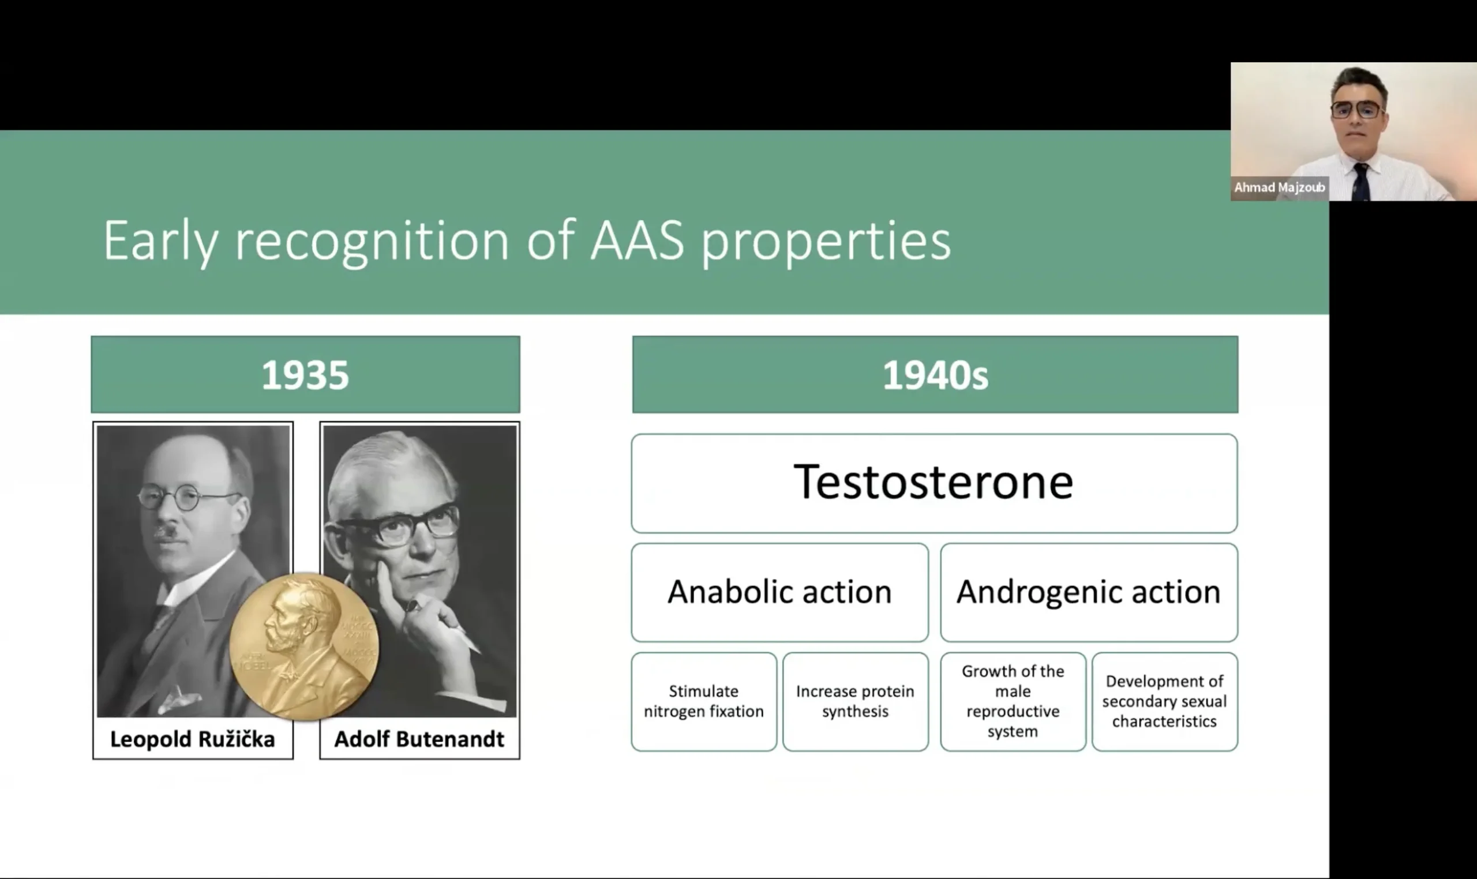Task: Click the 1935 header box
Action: pos(305,374)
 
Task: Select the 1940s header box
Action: pos(935,374)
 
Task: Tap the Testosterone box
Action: pos(934,483)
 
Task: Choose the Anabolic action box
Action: pos(779,592)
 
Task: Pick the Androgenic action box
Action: pos(1089,592)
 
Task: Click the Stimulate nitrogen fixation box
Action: pos(704,702)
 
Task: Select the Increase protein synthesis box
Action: pos(856,702)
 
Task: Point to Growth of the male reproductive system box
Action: pos(1013,702)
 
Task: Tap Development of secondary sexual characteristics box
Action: pos(1165,702)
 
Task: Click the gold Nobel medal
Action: pos(304,647)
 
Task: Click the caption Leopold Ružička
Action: pos(193,739)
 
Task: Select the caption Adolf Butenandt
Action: pos(419,739)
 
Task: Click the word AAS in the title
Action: pos(638,241)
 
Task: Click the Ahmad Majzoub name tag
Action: pos(1280,188)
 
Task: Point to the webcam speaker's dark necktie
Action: pos(1361,181)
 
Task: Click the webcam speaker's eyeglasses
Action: pos(1357,110)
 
